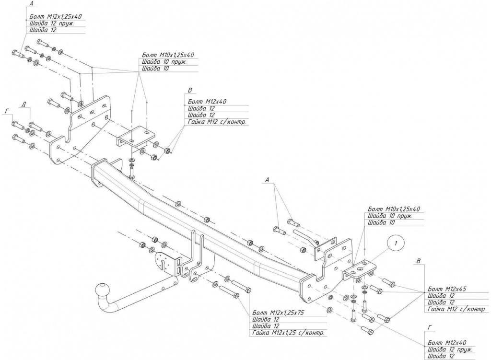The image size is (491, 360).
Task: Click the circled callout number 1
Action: coord(396,243)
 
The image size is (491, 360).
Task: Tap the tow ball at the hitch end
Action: coord(103,289)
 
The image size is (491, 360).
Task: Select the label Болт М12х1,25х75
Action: coord(278,313)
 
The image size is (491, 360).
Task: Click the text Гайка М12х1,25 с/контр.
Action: coord(288,333)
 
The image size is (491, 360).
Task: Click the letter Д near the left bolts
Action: coord(24,104)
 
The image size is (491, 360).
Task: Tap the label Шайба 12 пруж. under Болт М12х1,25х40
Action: coord(52,23)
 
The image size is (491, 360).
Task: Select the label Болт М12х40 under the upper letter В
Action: coord(207,102)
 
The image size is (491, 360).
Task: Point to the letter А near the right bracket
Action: coord(267,180)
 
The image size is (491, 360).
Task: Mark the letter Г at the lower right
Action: coord(430,327)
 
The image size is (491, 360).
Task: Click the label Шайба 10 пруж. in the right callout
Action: coord(390,216)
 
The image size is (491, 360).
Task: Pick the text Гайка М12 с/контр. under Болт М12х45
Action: coord(456,309)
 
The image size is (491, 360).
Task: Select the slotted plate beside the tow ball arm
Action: coord(168,262)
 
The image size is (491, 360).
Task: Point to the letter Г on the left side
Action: coord(7,111)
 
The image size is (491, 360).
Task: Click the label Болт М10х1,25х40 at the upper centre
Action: coord(168,55)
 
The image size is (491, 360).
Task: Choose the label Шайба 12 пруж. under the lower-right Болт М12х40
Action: coord(449,349)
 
